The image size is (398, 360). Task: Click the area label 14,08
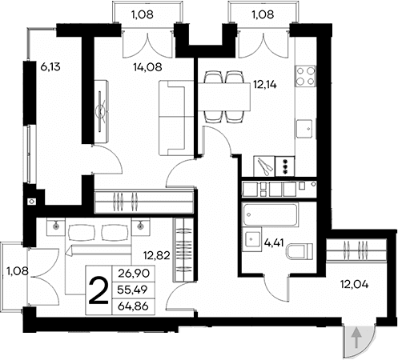(x=147, y=68)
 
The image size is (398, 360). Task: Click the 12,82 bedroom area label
(x=157, y=255)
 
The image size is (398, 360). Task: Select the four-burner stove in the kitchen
(x=305, y=76)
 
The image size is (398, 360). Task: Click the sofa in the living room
(x=170, y=119)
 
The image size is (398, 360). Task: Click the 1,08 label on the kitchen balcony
(x=263, y=14)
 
